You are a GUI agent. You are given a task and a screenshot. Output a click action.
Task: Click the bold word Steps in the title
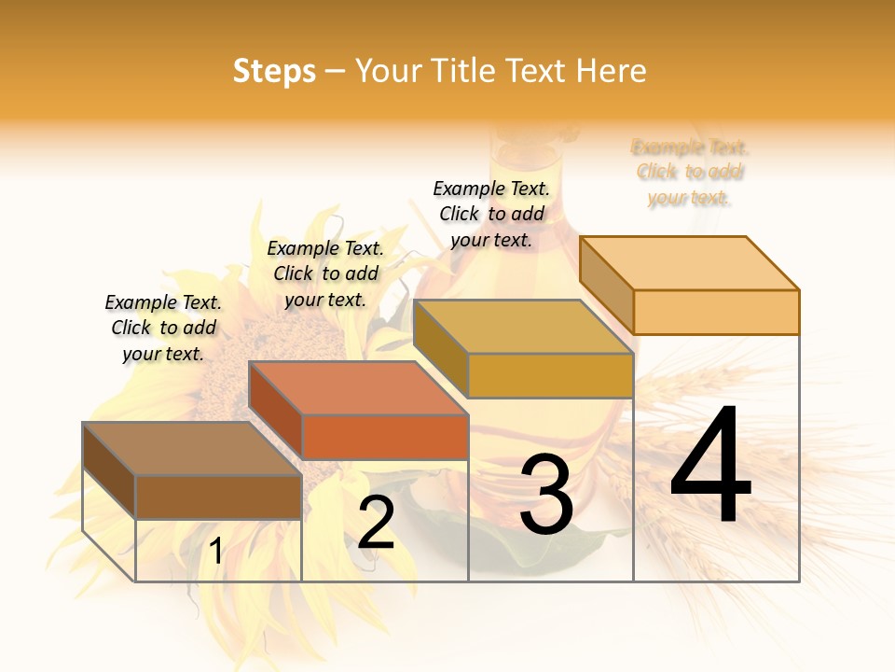pyautogui.click(x=274, y=71)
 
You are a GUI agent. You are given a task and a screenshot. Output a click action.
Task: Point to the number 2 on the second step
pyautogui.click(x=376, y=523)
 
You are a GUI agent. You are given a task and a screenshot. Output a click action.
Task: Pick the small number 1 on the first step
pyautogui.click(x=216, y=552)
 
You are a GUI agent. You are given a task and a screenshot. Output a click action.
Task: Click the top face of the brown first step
pyautogui.click(x=192, y=449)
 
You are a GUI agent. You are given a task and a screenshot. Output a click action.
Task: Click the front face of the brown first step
pyautogui.click(x=218, y=497)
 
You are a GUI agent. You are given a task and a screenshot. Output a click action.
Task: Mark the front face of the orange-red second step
pyautogui.click(x=385, y=437)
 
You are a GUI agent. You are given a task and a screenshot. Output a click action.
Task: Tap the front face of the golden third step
pyautogui.click(x=550, y=375)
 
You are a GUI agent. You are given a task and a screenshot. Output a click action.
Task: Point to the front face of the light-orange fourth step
pyautogui.click(x=716, y=312)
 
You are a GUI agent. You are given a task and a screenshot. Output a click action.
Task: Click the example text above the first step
pyautogui.click(x=163, y=329)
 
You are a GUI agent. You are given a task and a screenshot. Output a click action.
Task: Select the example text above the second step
pyautogui.click(x=325, y=274)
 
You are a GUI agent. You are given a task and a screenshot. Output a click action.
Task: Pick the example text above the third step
pyautogui.click(x=491, y=214)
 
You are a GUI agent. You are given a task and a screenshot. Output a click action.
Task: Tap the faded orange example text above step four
pyautogui.click(x=690, y=173)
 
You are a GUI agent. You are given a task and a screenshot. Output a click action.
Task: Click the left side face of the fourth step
pyautogui.click(x=606, y=285)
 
